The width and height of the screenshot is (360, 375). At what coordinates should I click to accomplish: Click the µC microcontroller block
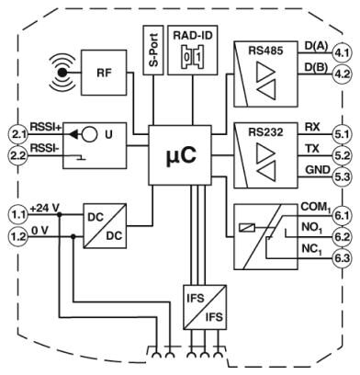(180, 155)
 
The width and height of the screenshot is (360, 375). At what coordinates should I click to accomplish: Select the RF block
(104, 73)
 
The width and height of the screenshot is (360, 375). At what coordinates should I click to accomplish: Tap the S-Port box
(153, 50)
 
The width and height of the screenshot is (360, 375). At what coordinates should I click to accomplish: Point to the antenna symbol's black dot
(62, 73)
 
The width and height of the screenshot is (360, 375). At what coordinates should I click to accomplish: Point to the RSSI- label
(45, 148)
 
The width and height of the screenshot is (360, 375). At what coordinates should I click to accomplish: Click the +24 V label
(45, 209)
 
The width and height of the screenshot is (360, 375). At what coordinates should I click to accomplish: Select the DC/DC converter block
(105, 226)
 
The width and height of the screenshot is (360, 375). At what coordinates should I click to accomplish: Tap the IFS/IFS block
(205, 307)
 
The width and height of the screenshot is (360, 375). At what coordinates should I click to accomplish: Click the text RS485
(265, 51)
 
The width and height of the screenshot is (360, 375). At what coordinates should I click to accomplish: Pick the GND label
(318, 169)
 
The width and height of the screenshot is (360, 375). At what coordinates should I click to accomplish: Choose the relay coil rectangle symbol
(247, 228)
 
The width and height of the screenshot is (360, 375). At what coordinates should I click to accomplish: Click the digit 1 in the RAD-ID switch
(198, 57)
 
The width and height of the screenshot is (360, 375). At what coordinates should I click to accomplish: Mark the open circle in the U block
(89, 134)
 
